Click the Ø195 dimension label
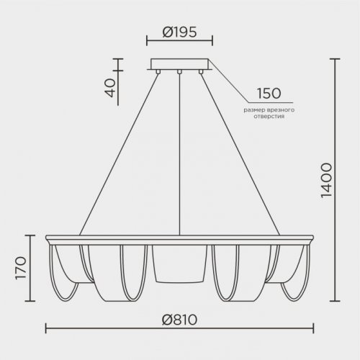click(x=179, y=32)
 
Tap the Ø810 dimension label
click(x=179, y=320)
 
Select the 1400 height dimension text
click(x=326, y=180)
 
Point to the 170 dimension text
click(x=20, y=268)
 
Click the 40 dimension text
click(x=110, y=88)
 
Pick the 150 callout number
click(x=269, y=94)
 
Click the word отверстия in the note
click(x=269, y=117)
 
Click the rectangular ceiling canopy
click(x=179, y=64)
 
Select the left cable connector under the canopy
click(x=158, y=71)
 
